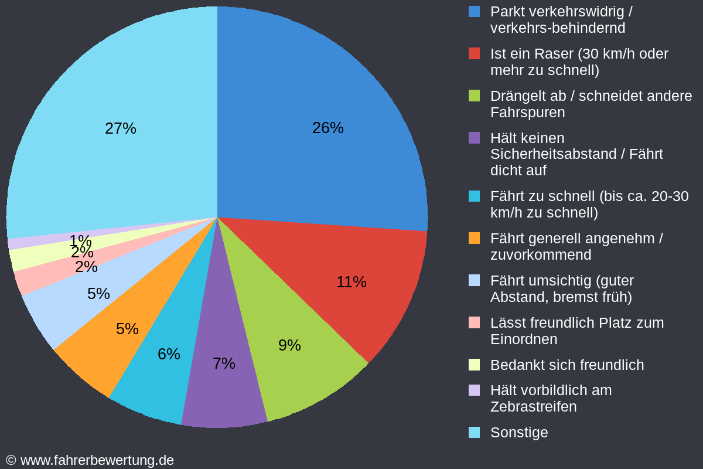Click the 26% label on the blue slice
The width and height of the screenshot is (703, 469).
tap(327, 128)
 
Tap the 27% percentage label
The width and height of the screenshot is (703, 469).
tap(120, 128)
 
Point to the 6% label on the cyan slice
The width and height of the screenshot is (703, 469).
tap(169, 354)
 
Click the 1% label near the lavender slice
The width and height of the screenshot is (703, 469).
tap(80, 240)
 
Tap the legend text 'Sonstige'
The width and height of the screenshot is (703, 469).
tap(519, 433)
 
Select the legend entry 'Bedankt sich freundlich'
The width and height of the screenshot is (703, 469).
tap(567, 365)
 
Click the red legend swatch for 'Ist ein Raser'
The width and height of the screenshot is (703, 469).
tap(475, 53)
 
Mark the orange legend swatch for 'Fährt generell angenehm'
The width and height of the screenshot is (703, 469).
tap(475, 238)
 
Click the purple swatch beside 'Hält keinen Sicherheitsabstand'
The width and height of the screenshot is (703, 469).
tap(475, 138)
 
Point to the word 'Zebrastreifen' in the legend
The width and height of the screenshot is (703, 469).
tap(533, 407)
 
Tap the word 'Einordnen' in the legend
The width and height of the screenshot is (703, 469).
tap(523, 339)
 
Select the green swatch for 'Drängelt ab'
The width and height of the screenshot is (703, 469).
tap(475, 96)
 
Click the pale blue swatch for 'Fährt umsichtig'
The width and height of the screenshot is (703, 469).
tap(475, 280)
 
